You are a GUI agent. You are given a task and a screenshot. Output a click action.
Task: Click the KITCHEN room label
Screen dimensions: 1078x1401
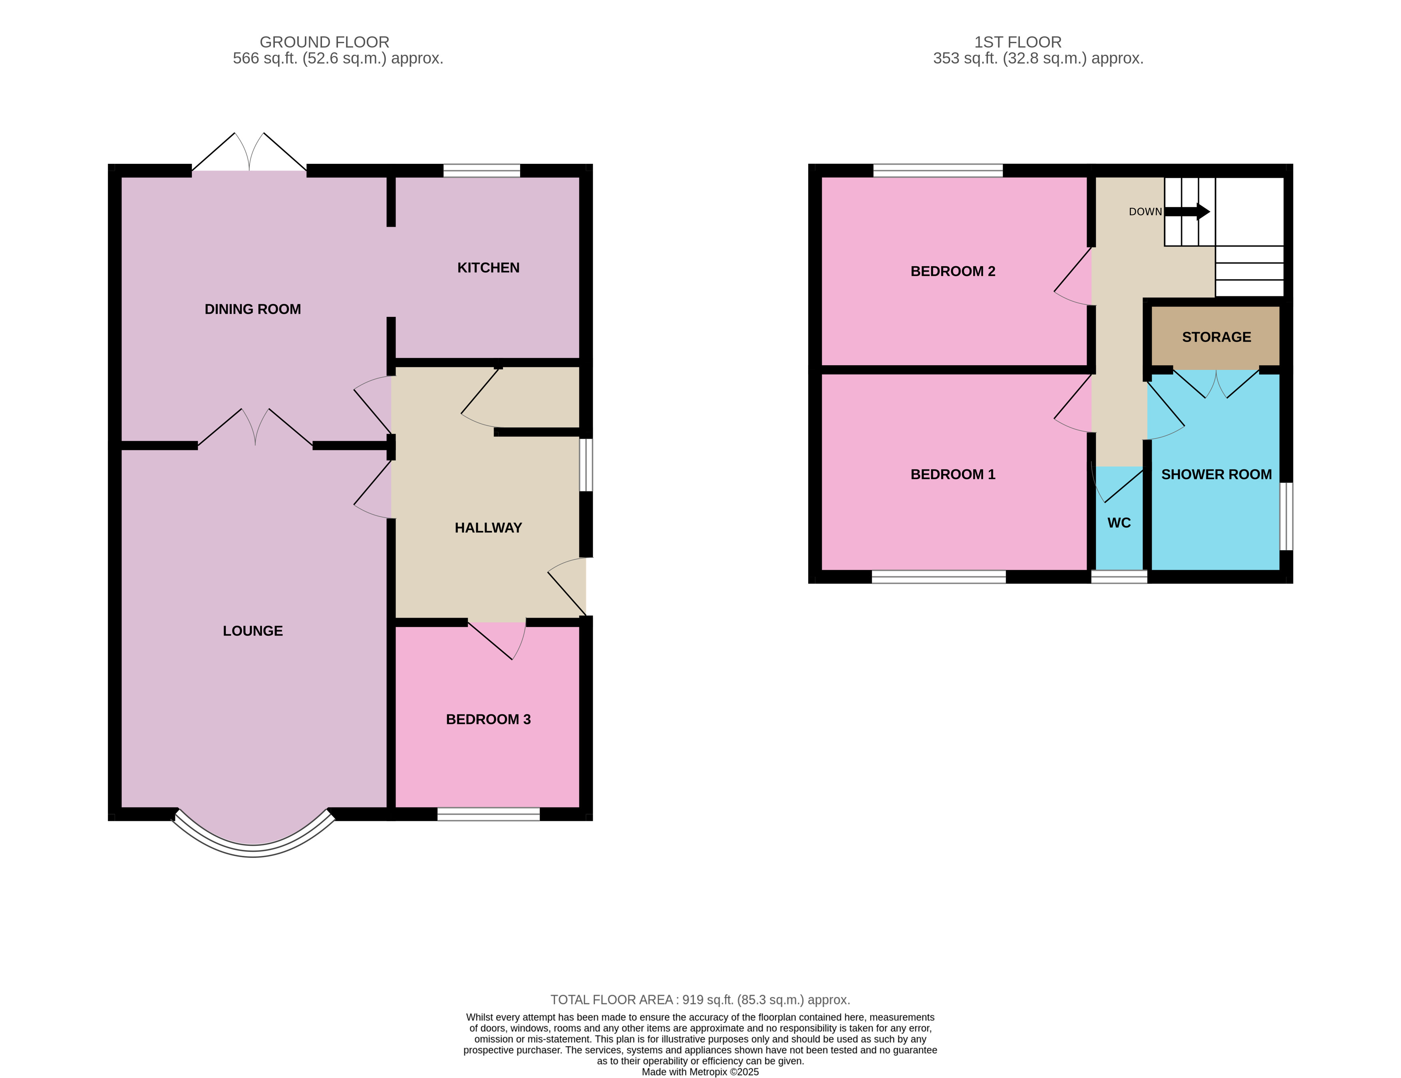pyautogui.click(x=488, y=268)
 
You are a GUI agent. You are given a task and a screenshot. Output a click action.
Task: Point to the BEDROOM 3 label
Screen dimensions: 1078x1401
pyautogui.click(x=488, y=719)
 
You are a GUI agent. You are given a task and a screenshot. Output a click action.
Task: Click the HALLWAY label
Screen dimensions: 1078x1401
pyautogui.click(x=488, y=527)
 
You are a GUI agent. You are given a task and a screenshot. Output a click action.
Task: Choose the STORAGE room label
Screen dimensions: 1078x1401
pyautogui.click(x=1216, y=337)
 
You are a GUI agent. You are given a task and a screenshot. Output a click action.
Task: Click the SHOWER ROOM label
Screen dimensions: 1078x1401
pyautogui.click(x=1216, y=474)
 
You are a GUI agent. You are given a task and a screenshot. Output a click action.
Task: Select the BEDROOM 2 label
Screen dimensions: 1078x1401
pyautogui.click(x=953, y=271)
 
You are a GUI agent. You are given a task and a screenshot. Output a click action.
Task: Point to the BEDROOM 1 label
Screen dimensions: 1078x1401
pyautogui.click(x=953, y=474)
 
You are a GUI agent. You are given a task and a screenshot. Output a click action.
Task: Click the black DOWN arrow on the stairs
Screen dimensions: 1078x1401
pyautogui.click(x=1187, y=212)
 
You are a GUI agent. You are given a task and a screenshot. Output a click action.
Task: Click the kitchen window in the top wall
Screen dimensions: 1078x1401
pyautogui.click(x=482, y=171)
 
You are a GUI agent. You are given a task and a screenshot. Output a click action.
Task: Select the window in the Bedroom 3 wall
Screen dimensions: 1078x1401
pyautogui.click(x=488, y=814)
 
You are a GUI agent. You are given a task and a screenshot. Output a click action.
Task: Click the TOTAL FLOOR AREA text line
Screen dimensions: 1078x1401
pyautogui.click(x=700, y=1000)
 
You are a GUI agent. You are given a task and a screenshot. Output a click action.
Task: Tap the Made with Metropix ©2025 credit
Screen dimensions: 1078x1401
pyautogui.click(x=700, y=1072)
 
